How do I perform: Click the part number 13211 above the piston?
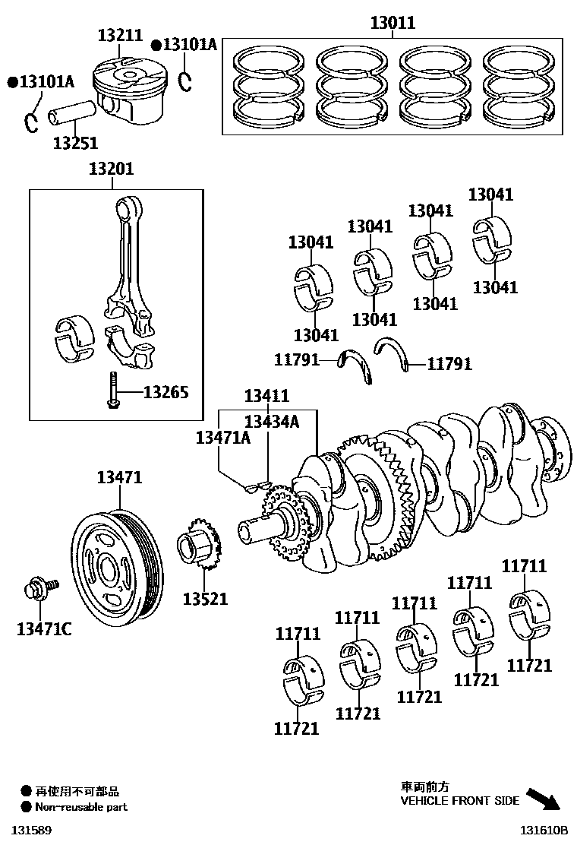[120, 35]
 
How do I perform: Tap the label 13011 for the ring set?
[393, 23]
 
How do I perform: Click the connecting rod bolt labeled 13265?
[112, 391]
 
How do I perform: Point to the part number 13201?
[111, 169]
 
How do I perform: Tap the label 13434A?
[271, 422]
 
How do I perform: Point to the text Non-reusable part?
[80, 807]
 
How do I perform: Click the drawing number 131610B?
[544, 831]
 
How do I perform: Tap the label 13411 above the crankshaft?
[266, 396]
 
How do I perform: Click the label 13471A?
[222, 437]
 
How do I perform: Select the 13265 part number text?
[166, 392]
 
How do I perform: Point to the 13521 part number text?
[204, 599]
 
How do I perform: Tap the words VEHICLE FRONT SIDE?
[460, 800]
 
